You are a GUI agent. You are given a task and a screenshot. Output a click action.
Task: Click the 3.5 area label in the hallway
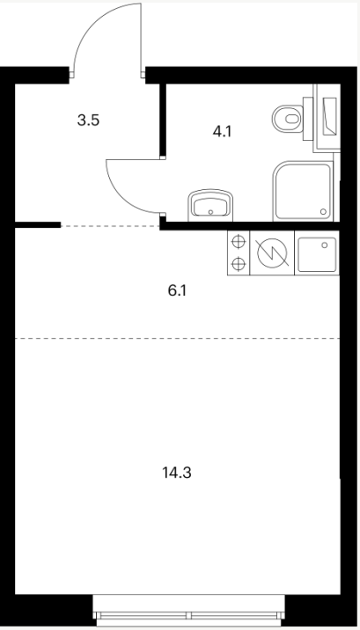tap(88, 121)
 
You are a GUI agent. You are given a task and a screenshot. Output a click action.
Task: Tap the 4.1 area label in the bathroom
tap(222, 131)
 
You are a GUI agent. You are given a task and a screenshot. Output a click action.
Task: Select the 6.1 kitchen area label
tap(178, 290)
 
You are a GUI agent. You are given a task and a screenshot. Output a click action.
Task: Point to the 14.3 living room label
tap(177, 473)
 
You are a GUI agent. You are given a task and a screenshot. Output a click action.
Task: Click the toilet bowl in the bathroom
tap(287, 119)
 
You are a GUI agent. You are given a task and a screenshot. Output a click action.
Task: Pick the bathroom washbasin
tap(210, 205)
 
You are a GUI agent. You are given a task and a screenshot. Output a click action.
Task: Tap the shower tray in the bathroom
tap(304, 191)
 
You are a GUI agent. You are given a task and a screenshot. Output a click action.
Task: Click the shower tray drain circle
tap(323, 211)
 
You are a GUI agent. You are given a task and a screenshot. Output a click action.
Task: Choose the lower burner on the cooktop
tap(239, 264)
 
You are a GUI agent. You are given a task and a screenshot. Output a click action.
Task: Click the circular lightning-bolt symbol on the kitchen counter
tap(272, 253)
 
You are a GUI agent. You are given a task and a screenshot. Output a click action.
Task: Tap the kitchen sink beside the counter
tap(317, 253)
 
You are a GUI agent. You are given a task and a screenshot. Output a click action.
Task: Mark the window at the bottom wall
tap(189, 610)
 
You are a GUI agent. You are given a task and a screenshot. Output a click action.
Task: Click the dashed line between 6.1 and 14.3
tap(177, 338)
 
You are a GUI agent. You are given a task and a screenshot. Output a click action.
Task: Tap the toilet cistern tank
tap(308, 119)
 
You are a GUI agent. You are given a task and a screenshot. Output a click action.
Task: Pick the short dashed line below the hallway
tap(110, 226)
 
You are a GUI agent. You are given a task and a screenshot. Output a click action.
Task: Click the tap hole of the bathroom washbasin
tap(210, 212)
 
